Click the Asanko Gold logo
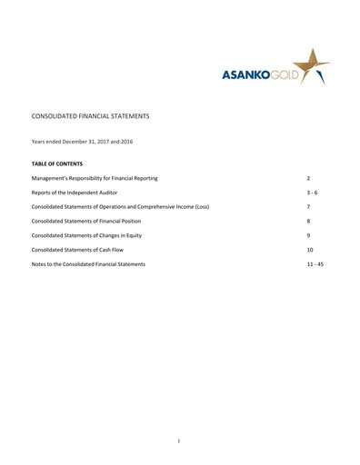[x=273, y=70]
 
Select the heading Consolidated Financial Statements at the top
[x=90, y=117]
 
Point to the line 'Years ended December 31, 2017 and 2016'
[x=82, y=142]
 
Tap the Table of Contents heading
[x=57, y=164]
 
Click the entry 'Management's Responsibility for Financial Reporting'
[x=95, y=178]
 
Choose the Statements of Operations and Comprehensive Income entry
[x=120, y=207]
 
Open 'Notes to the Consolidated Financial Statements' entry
[x=88, y=264]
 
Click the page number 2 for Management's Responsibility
[x=310, y=178]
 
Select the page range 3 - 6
[x=312, y=193]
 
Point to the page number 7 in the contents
[x=309, y=207]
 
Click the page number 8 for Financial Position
[x=309, y=221]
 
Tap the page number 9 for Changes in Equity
[x=309, y=235]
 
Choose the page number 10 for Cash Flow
[x=311, y=250]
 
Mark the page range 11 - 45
[x=315, y=264]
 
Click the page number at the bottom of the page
[x=180, y=441]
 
